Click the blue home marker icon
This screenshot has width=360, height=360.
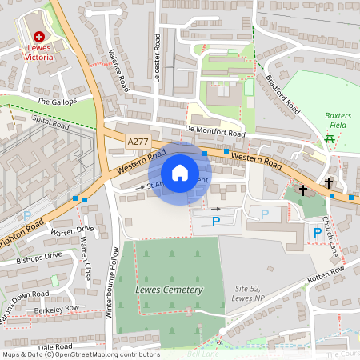point(180,172)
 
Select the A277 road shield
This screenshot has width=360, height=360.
point(138,142)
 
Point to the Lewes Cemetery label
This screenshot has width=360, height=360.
point(170,290)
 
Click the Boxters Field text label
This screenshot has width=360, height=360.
point(338,120)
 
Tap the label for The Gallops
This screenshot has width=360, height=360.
point(57,102)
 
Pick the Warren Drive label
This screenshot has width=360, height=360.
point(73,230)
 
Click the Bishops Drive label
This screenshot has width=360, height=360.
point(42,256)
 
